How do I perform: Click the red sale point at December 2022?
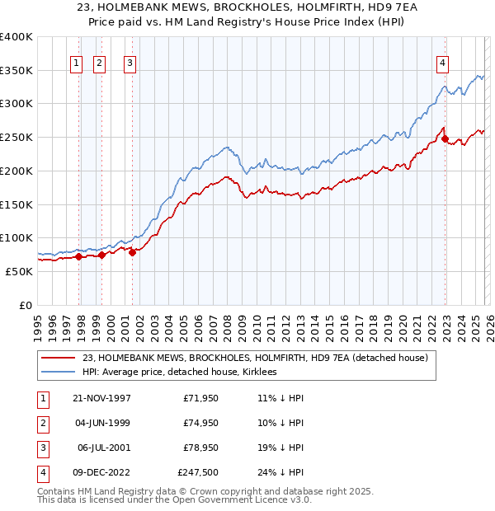445,139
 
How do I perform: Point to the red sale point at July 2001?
132,252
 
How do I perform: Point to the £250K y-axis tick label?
16,137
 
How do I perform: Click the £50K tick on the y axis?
19,271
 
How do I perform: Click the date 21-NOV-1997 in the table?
101,397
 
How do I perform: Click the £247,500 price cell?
199,472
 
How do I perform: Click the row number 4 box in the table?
41,472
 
